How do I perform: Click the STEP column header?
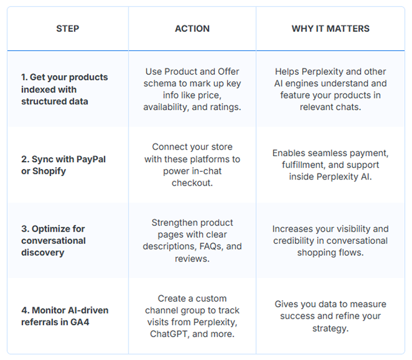[x=68, y=29]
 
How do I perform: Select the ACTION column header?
[x=192, y=29]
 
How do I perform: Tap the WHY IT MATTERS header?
[x=330, y=29]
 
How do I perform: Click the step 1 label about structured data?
[x=64, y=89]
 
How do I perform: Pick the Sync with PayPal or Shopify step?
[x=63, y=165]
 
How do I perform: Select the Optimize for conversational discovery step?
[x=53, y=241]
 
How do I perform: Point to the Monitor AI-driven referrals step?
[x=64, y=316]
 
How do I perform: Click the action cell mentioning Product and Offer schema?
[x=192, y=89]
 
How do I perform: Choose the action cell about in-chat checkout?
[x=192, y=165]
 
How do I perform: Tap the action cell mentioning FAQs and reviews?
[x=192, y=241]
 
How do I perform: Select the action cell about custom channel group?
[x=192, y=316]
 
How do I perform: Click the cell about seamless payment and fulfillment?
[x=330, y=165]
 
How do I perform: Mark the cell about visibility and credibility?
[x=330, y=241]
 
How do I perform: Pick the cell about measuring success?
[x=330, y=316]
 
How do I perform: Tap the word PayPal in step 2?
[x=91, y=159]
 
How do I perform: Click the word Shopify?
[x=49, y=171]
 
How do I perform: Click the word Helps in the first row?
[x=287, y=72]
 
